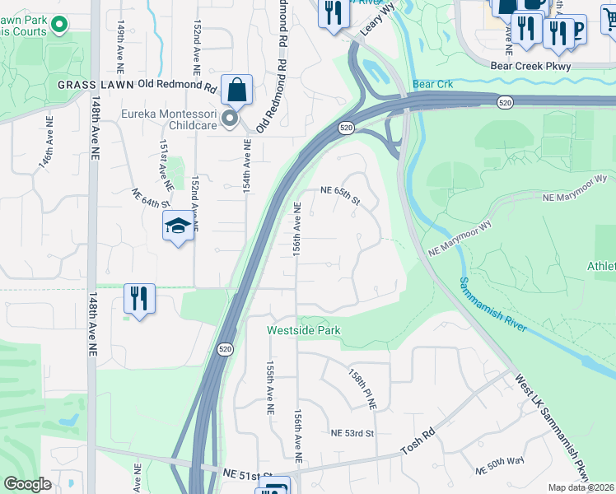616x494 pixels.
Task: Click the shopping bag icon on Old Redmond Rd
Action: tap(236, 91)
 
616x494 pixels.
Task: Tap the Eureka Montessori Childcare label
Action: tap(170, 120)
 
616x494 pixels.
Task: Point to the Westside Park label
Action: tap(303, 331)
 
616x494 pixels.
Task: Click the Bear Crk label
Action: tap(433, 85)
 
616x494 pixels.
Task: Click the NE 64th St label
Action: tap(150, 198)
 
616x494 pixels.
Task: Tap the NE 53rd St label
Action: tap(352, 433)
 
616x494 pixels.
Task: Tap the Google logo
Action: tap(28, 483)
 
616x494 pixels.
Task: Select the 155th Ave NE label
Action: tap(269, 386)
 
